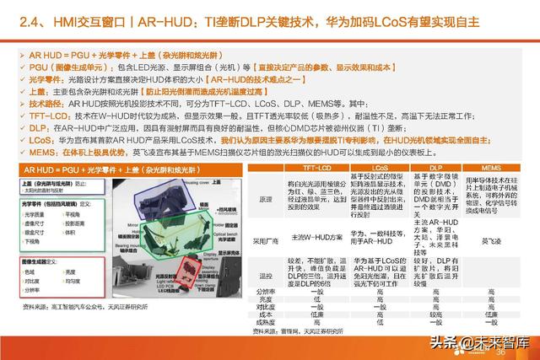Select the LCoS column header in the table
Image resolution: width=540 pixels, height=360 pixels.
coord(379,168)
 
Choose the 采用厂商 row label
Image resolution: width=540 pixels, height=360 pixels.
coord(264,239)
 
